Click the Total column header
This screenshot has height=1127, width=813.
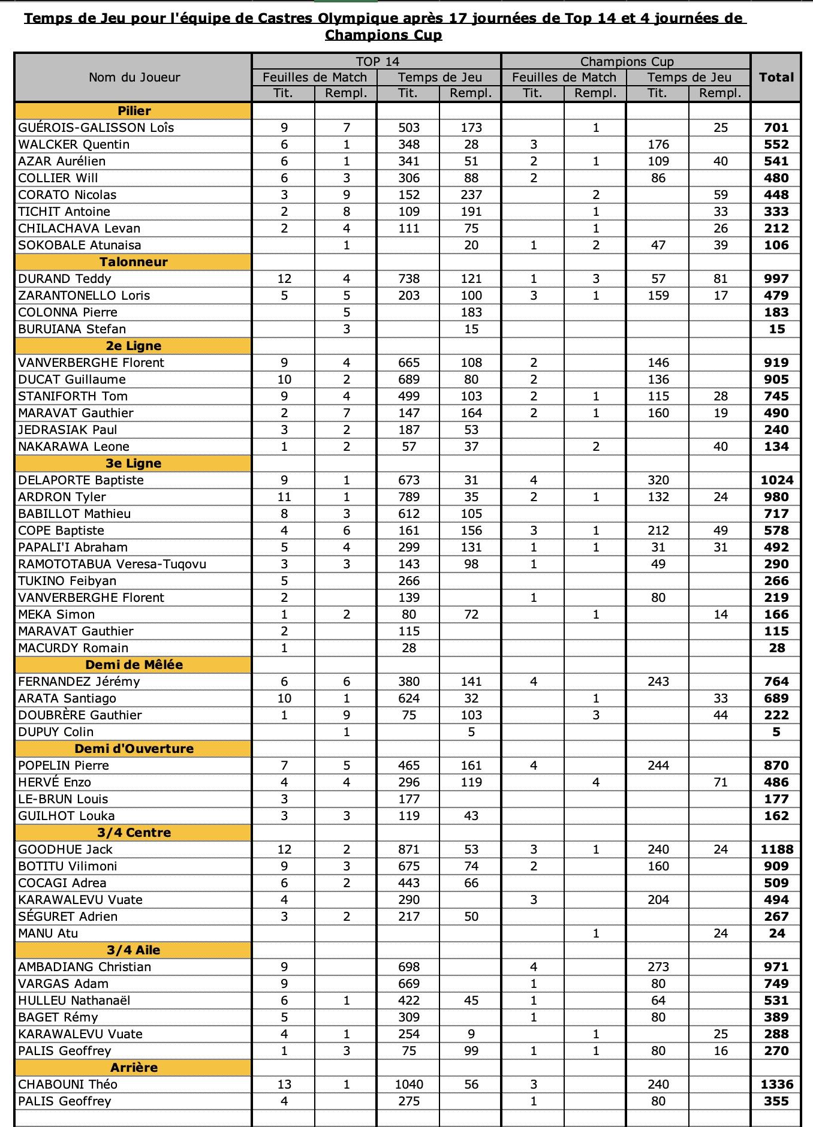pos(776,77)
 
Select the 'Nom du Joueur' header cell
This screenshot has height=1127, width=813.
pos(134,77)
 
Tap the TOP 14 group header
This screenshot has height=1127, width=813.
pos(377,61)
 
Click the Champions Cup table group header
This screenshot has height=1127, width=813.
pos(627,61)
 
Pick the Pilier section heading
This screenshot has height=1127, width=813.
pos(134,111)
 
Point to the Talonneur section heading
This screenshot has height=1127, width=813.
pos(134,262)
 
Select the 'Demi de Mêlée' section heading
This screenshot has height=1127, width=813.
pos(134,665)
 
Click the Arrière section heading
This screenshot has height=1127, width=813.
pos(134,1068)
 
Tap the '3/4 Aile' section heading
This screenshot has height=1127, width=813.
pos(134,950)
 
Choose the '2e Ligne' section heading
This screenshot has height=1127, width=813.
pos(134,346)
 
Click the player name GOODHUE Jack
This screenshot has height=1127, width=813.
pos(65,849)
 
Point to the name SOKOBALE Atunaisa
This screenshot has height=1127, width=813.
pos(79,245)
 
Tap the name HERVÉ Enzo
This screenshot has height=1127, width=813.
pos(55,782)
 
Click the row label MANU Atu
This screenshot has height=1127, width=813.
pos(48,933)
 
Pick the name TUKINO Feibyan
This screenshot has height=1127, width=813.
pos(67,581)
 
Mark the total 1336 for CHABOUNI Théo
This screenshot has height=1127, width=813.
pos(776,1084)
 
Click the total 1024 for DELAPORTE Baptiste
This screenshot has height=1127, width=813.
pos(776,480)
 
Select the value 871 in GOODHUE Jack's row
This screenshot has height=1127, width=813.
pos(408,849)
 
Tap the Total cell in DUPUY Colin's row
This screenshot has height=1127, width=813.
pos(776,732)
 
